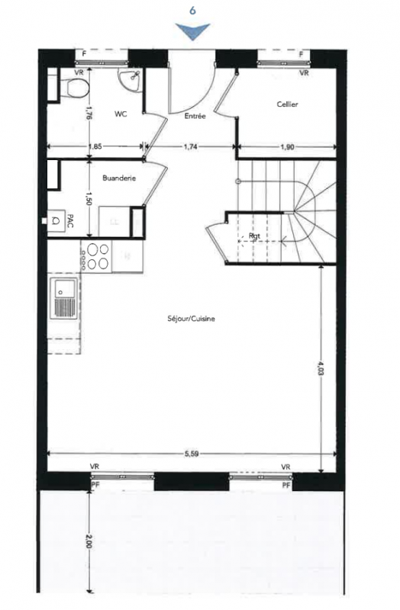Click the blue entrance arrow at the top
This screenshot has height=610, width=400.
click(192, 30)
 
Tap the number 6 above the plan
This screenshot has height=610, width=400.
click(192, 11)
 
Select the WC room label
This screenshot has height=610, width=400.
click(121, 114)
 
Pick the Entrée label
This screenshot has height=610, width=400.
click(195, 116)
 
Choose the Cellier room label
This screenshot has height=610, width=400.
click(288, 104)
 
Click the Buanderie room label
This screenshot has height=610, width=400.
click(119, 178)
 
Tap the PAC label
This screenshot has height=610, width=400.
click(70, 220)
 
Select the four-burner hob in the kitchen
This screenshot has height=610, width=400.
click(97, 257)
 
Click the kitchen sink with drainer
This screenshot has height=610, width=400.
click(65, 299)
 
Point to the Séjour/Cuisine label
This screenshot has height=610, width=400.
click(192, 319)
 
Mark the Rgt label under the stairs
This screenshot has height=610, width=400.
click(254, 236)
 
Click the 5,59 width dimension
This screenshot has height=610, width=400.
click(192, 453)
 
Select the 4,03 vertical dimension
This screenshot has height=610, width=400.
click(321, 368)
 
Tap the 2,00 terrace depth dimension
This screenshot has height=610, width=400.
click(89, 541)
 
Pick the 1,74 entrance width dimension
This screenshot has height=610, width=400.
click(190, 146)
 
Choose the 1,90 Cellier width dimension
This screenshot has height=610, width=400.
click(288, 147)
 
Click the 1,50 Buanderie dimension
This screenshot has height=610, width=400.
click(89, 198)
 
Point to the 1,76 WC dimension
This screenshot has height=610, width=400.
click(89, 114)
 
